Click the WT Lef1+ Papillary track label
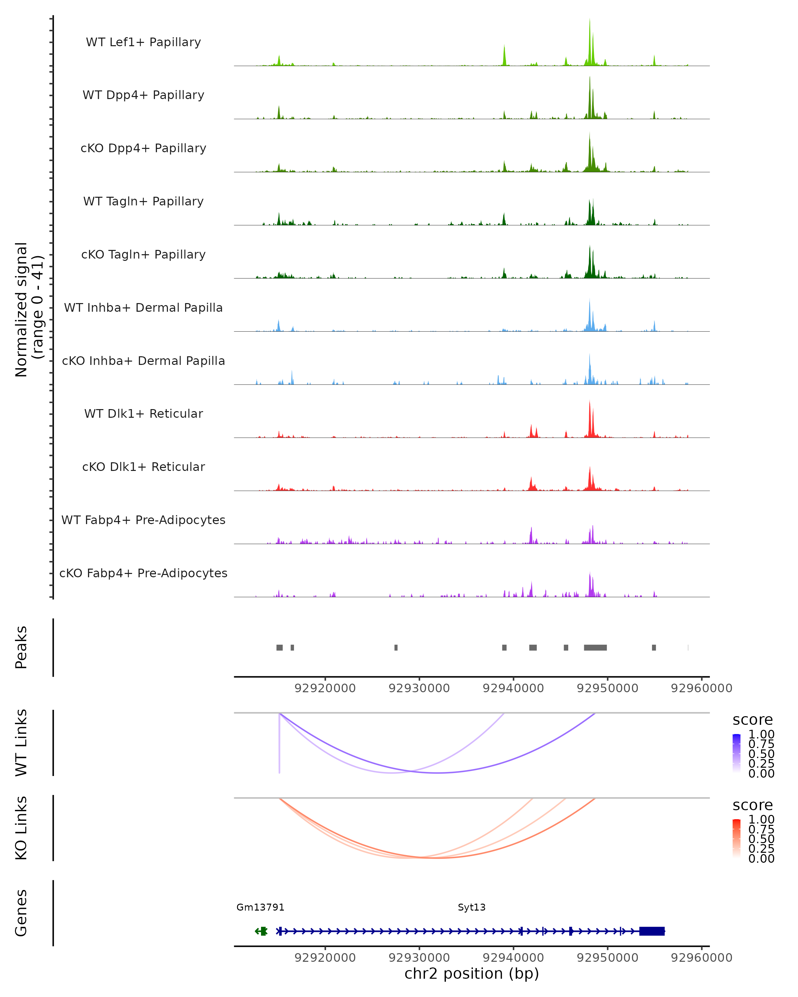(x=143, y=42)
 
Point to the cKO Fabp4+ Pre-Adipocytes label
(x=143, y=573)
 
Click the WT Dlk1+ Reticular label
(x=143, y=414)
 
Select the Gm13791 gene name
(x=260, y=907)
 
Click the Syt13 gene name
(x=471, y=907)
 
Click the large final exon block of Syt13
(x=652, y=931)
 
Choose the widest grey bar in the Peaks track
(x=595, y=647)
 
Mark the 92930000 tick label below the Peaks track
(x=419, y=689)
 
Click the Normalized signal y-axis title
(x=29, y=309)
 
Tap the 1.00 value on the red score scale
(x=761, y=820)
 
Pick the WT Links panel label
(x=21, y=743)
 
